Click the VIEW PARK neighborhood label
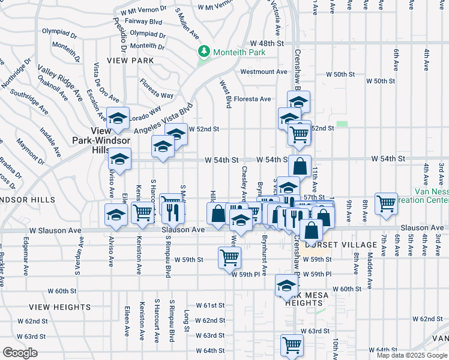[130, 61]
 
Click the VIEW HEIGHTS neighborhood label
[62, 307]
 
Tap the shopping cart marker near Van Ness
[387, 203]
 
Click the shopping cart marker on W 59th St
[229, 257]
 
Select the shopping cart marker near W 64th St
[292, 344]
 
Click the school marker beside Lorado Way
[118, 118]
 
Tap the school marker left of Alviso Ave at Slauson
[115, 214]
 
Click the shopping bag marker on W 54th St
[300, 166]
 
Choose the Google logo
[20, 353]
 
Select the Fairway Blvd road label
[146, 22]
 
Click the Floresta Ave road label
[252, 99]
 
